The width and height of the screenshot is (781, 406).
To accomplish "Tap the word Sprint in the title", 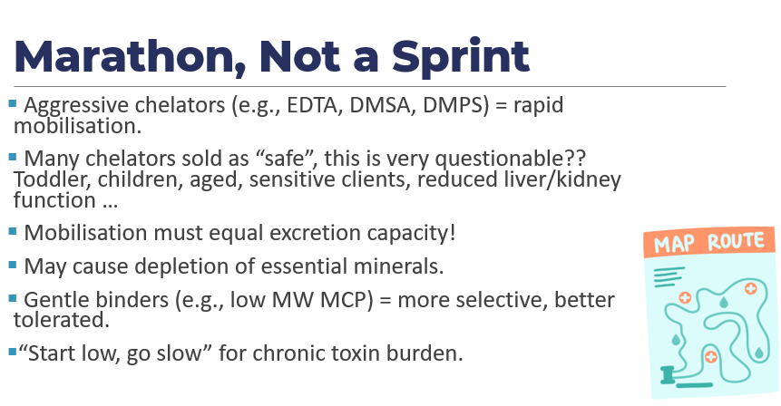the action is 460,57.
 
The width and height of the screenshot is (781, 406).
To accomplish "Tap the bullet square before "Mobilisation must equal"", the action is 13,231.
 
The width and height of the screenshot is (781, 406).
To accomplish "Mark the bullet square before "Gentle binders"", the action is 13,298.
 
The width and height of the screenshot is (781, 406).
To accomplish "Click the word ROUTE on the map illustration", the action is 736,241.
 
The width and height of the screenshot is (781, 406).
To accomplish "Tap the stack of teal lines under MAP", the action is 669,276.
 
